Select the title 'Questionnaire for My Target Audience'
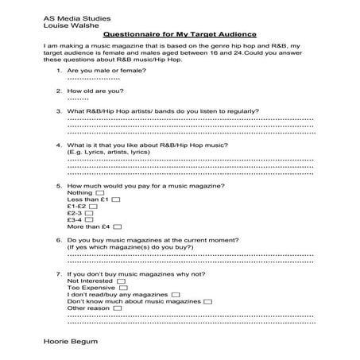[180, 35]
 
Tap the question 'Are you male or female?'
[101, 72]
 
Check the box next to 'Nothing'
[100, 192]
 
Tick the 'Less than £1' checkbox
[116, 201]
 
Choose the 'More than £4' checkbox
[117, 236]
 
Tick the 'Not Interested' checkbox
[121, 281]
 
